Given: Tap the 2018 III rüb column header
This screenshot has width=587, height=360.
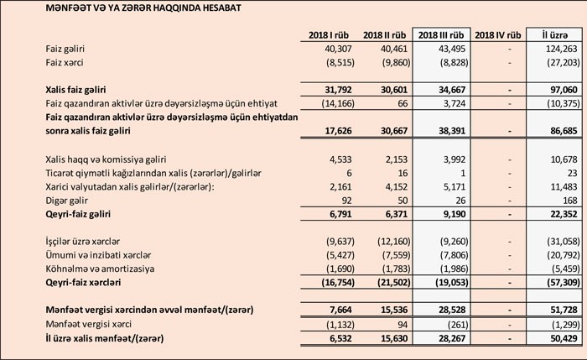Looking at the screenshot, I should (441, 34).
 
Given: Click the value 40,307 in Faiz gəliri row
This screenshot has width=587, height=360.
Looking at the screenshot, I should (335, 49).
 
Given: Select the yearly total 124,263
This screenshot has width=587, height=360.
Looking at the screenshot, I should (556, 49).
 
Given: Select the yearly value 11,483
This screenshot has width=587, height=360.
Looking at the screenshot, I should (558, 185).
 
